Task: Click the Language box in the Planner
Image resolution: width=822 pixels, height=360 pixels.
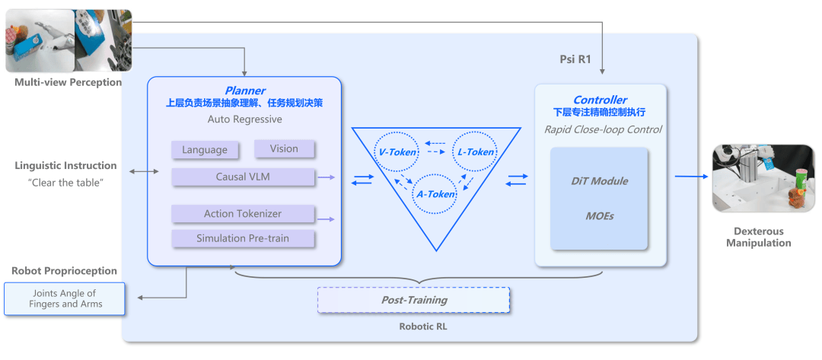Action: (205, 149)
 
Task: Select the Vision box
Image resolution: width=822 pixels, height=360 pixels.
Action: (284, 148)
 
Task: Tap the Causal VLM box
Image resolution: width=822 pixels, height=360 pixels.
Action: (244, 177)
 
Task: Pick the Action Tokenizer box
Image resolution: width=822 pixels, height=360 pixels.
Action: (244, 214)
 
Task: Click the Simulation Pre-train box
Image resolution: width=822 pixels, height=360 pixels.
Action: (244, 238)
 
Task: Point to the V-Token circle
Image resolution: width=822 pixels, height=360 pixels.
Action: (396, 152)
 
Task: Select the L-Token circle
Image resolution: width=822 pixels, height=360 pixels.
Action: (476, 152)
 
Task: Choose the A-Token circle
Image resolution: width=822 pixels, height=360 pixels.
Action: (435, 194)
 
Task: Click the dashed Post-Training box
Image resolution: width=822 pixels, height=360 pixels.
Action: (413, 301)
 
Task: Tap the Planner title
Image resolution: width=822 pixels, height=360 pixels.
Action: (245, 90)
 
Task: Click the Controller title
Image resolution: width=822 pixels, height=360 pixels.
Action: (601, 100)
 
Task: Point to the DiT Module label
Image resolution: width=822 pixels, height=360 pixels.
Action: (599, 181)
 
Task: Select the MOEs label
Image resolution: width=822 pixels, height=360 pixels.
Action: (599, 215)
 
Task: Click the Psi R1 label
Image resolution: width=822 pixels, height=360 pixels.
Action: (575, 59)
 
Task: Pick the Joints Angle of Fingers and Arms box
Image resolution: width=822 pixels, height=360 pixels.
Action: (65, 298)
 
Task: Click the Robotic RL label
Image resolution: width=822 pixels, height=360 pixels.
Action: (423, 327)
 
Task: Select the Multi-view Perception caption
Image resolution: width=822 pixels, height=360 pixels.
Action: (68, 82)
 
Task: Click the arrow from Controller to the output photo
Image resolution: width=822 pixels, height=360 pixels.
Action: (690, 177)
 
